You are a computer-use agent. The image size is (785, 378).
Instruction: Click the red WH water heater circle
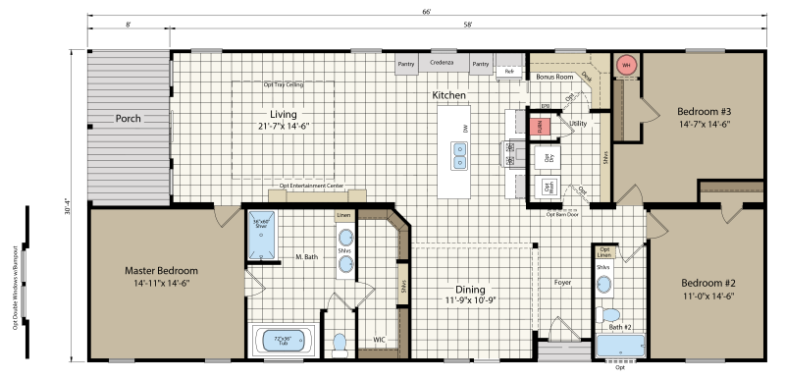point(626,66)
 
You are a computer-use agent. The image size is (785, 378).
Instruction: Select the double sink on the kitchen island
point(459,153)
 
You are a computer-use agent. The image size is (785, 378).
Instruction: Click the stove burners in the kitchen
point(510,154)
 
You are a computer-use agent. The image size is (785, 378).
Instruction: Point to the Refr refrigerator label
point(509,72)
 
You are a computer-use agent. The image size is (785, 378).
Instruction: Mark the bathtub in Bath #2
point(621,346)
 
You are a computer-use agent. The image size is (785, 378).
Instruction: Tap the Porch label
point(128,119)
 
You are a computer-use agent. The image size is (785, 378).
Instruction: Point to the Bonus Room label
point(553,76)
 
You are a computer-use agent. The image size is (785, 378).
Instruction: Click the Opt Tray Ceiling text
point(283,85)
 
